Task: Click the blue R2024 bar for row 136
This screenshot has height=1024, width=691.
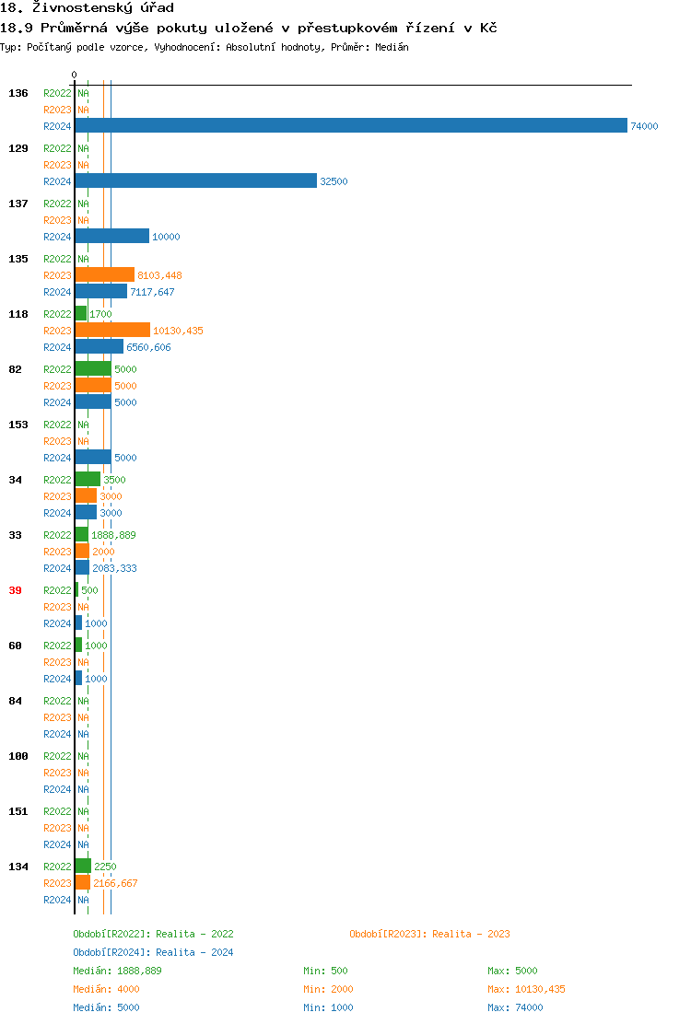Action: coord(350,125)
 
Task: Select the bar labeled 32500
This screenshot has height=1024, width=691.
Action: coord(195,180)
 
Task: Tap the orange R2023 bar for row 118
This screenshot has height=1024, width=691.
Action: coord(112,330)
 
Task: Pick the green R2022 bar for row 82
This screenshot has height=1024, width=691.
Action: coord(93,368)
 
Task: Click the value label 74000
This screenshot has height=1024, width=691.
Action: coord(644,126)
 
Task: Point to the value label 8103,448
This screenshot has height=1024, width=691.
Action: coord(159,275)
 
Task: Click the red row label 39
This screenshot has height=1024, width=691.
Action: coord(15,590)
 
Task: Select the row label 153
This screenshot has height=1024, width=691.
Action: coord(18,425)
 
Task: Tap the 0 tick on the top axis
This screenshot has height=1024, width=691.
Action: coord(75,75)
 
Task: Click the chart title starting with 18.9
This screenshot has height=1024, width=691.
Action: coord(249,28)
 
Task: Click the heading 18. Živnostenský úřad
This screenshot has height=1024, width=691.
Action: coord(87,7)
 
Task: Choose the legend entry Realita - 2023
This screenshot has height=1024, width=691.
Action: coord(429,934)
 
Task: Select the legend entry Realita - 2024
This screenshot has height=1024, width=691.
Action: coord(153,952)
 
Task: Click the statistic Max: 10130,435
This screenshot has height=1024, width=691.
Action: coord(526,989)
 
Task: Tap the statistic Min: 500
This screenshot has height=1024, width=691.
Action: coord(325,971)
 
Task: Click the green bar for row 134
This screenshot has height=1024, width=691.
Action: coord(83,866)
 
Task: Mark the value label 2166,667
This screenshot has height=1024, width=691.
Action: coord(115,883)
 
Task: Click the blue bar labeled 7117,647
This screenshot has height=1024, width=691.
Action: coord(100,291)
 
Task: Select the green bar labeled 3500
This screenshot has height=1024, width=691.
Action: coord(88,479)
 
